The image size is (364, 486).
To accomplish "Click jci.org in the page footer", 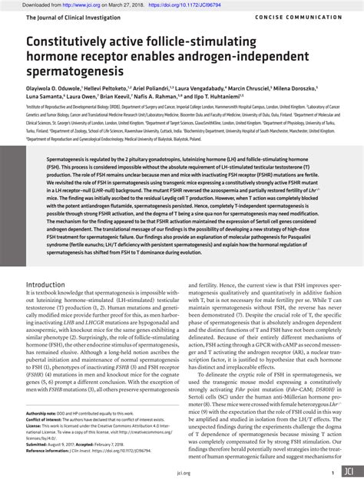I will (x=182, y=474).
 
